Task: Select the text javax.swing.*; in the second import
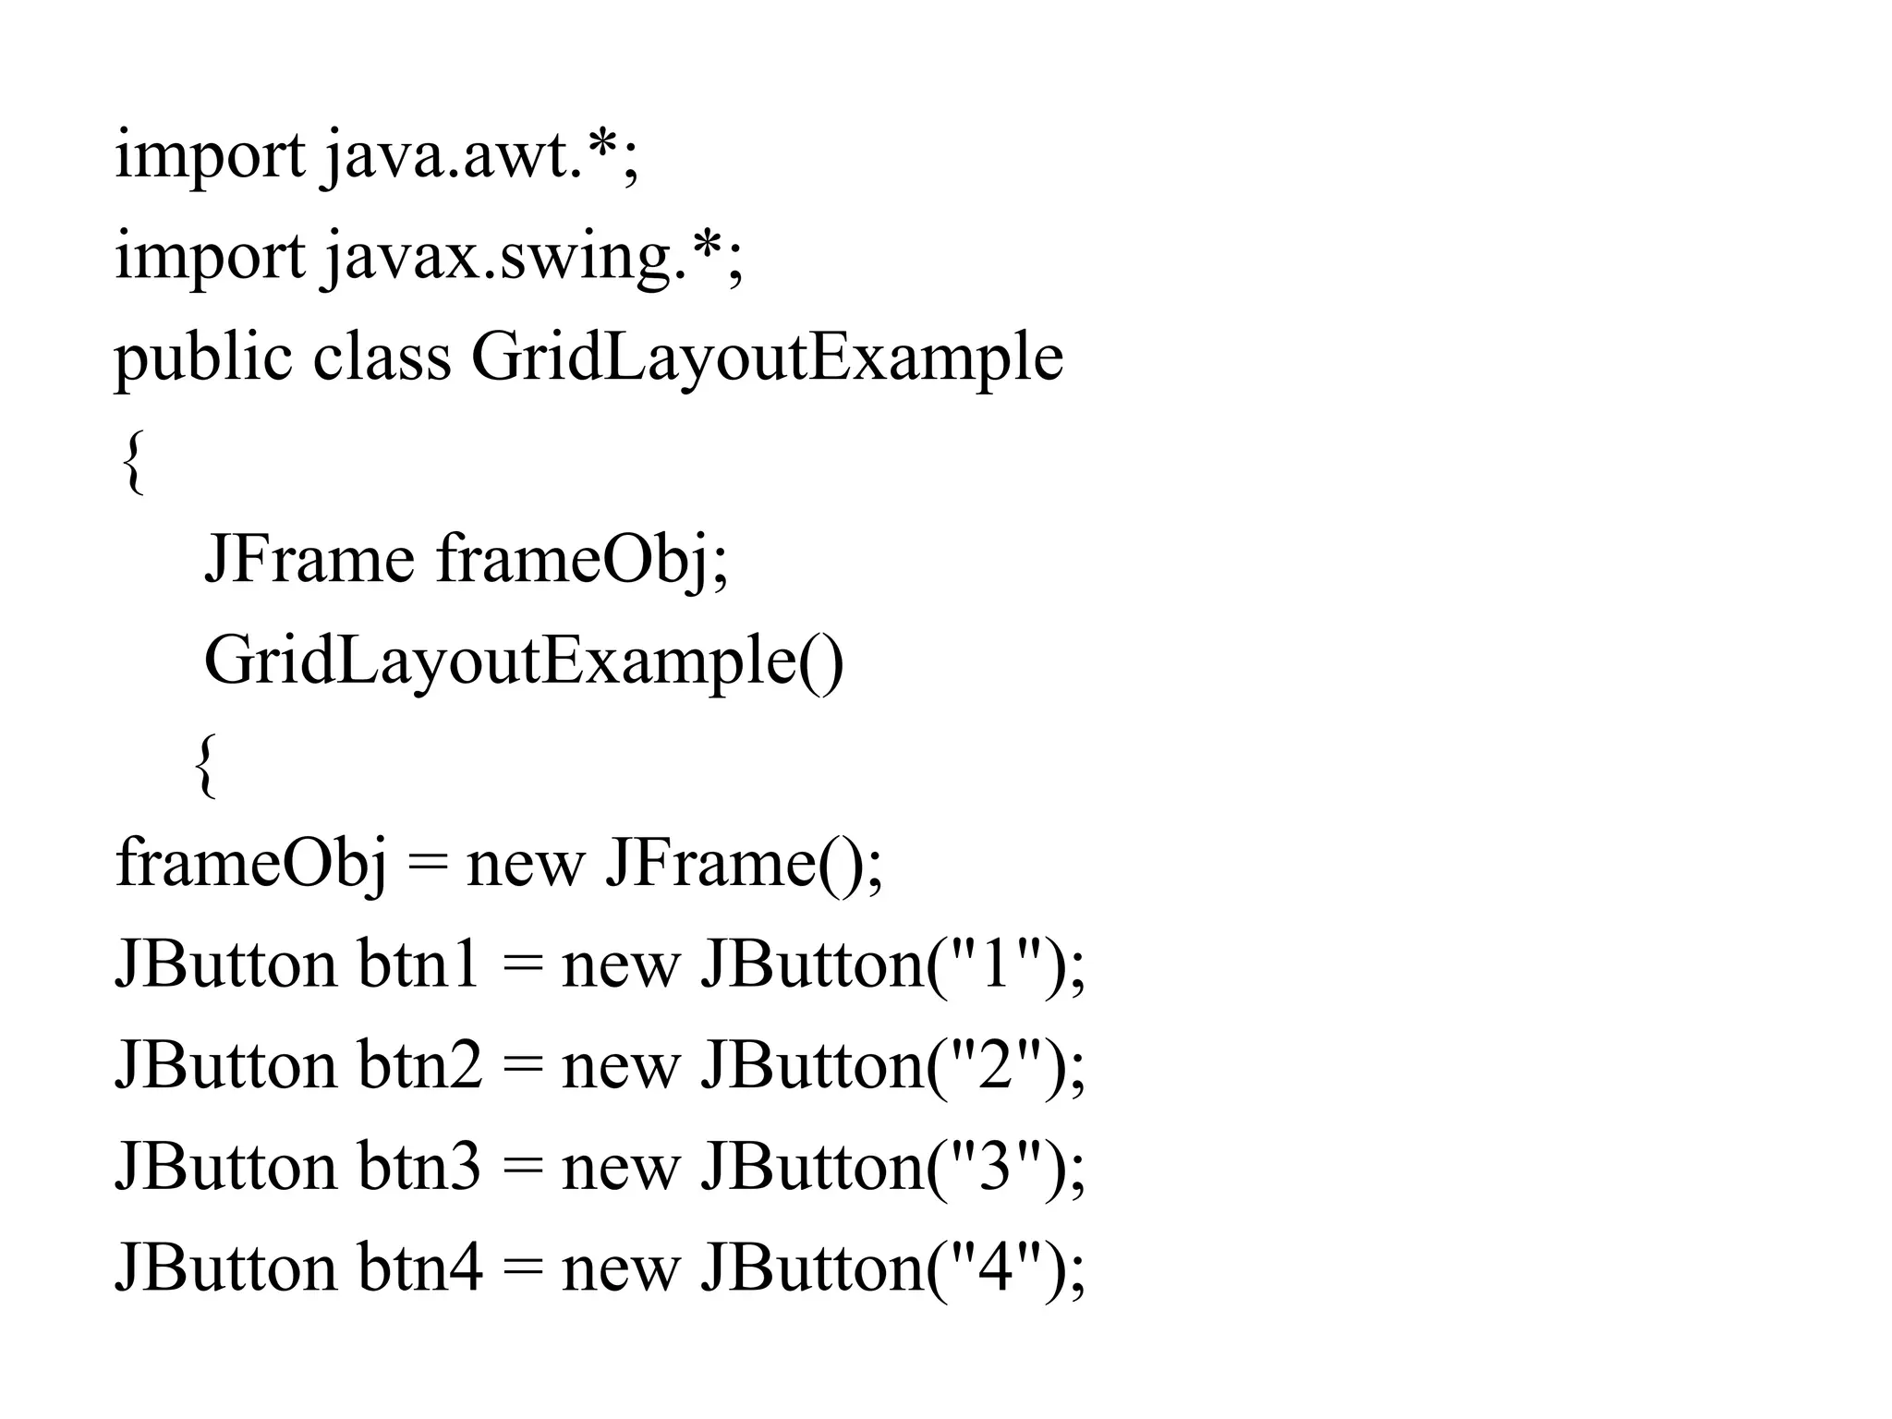click(533, 257)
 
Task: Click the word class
click(382, 358)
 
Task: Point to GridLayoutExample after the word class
click(767, 358)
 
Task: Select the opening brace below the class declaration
click(133, 462)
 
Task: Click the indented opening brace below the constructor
click(206, 765)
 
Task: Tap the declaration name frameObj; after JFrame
click(582, 560)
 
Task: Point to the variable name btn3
click(419, 1166)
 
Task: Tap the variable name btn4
click(419, 1267)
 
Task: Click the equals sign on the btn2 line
click(522, 1067)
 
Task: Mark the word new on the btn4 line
click(620, 1268)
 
